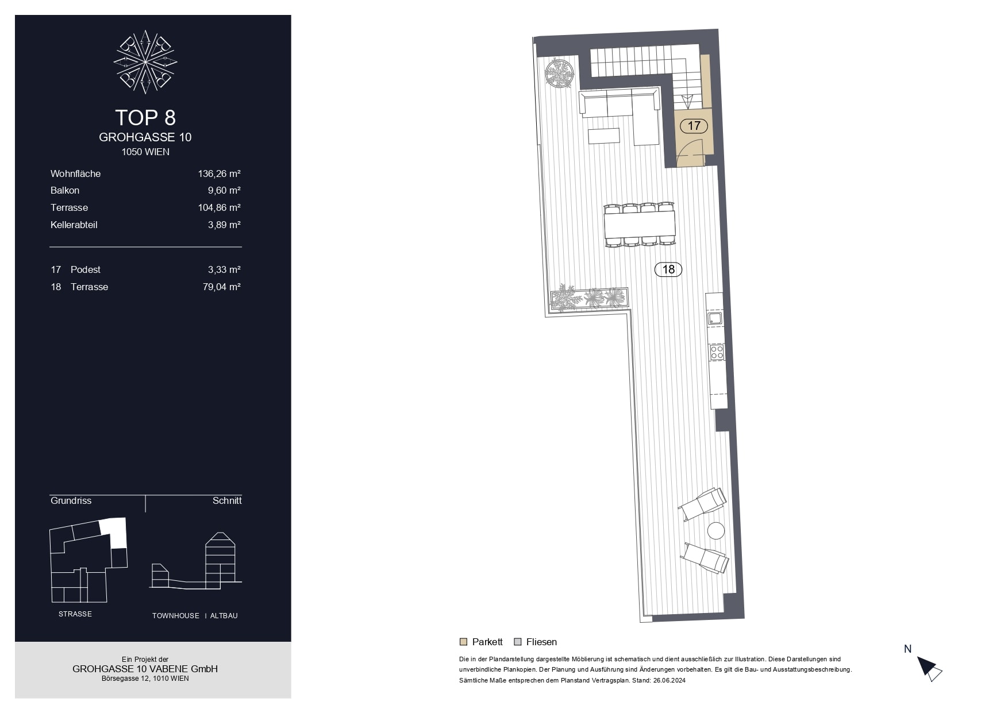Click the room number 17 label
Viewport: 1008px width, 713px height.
coord(694,126)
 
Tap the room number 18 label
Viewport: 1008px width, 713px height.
coord(668,269)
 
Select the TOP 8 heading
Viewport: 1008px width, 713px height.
coord(145,117)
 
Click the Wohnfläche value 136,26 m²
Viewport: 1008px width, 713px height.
coord(219,174)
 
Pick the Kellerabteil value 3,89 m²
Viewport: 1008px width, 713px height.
coord(224,225)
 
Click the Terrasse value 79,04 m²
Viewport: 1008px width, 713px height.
coord(221,287)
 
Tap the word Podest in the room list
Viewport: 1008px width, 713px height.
coord(86,269)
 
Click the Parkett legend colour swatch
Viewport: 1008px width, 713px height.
coord(463,642)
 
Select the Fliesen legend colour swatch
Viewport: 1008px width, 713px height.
coord(518,642)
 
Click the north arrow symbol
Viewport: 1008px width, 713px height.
coord(929,668)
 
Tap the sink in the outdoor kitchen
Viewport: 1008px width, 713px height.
coord(714,318)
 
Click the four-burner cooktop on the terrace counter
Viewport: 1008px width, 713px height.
coord(717,352)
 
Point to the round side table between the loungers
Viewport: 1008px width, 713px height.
coord(715,530)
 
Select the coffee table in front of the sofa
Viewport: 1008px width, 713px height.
coord(603,136)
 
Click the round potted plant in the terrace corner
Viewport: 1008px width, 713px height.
coord(559,74)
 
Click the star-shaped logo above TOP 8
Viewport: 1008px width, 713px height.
coord(145,61)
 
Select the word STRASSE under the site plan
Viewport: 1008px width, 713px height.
coord(75,614)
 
